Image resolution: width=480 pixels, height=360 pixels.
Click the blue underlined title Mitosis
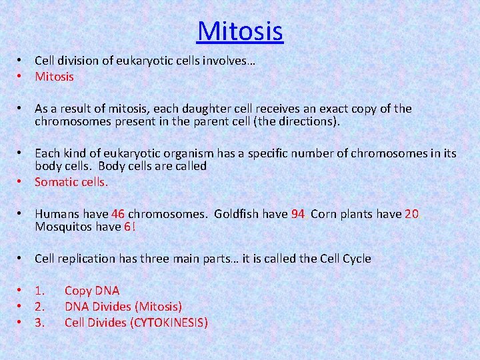tap(240, 31)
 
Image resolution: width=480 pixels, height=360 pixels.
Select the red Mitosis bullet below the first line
tap(54, 77)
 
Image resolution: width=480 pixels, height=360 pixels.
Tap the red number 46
tap(118, 214)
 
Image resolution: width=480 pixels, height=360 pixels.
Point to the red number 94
tap(298, 214)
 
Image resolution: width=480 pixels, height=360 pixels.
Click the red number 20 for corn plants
tap(412, 214)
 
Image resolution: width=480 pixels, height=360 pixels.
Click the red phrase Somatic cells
tap(71, 182)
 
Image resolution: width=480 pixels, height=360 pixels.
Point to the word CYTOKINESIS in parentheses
tap(169, 323)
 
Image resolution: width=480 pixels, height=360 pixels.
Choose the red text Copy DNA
tap(92, 291)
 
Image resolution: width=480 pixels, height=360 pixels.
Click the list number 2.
tap(40, 307)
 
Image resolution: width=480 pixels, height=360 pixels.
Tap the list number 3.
tap(40, 323)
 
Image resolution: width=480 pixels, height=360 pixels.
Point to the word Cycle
tap(357, 259)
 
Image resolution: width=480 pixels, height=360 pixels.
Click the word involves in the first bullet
tap(235, 61)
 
